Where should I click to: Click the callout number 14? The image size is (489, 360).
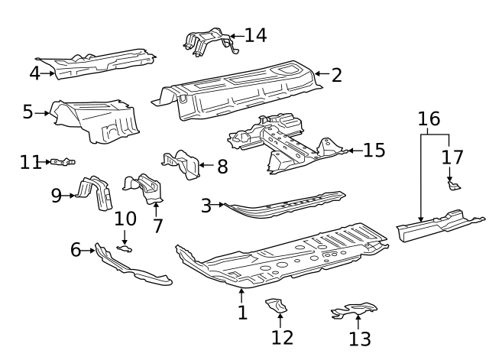coord(255,34)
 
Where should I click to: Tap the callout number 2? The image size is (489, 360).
coord(336,75)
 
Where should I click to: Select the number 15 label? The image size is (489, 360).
coord(374,150)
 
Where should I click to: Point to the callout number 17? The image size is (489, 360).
coord(453,157)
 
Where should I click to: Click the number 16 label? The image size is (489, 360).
coord(429,118)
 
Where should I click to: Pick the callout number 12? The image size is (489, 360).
coord(281,336)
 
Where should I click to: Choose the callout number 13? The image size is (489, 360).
coord(359,339)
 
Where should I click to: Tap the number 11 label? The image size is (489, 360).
coord(31,162)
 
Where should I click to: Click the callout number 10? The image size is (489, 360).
coord(125,219)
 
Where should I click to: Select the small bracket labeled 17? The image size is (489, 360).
coord(452,184)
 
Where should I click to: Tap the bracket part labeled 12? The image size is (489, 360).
coord(277,306)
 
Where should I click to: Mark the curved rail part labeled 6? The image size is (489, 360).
coord(130,268)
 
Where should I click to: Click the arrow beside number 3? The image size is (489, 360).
coord(222,205)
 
